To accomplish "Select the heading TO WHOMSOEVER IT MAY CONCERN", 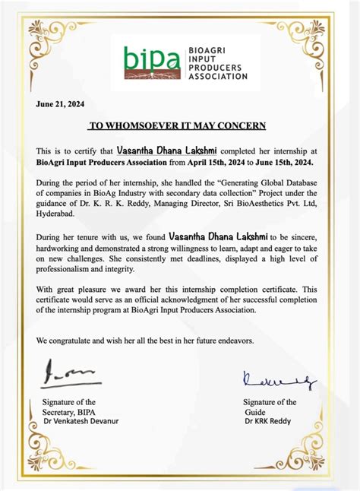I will tap(178, 125).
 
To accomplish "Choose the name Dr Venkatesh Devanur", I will tap(81, 421).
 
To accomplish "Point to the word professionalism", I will tap(73, 269).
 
